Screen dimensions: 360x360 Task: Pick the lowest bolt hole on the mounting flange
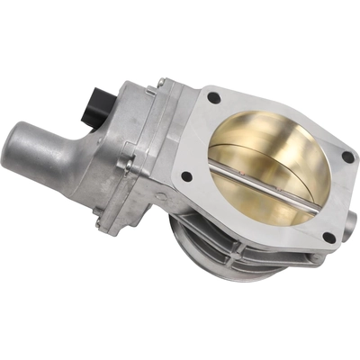coord(328,238)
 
